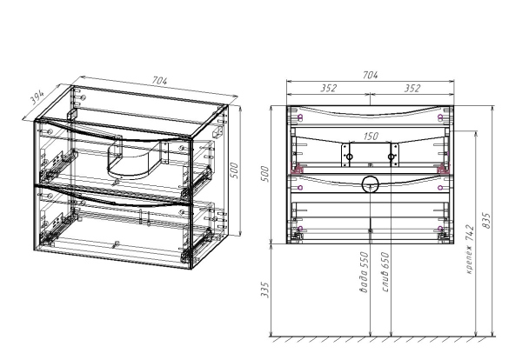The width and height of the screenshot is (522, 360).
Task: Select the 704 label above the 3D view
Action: coord(159,81)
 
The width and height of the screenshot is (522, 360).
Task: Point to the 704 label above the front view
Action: coord(370,75)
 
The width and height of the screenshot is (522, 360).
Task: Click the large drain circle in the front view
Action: coord(371,184)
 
